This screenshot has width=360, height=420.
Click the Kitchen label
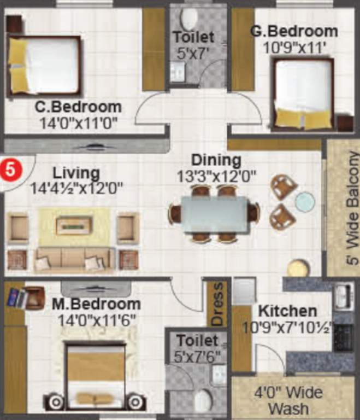287,312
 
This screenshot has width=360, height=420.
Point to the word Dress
217,304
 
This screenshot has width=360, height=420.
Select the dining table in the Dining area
214,213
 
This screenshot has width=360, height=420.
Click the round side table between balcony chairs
305,201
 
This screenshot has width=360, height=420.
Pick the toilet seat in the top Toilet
190,18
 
